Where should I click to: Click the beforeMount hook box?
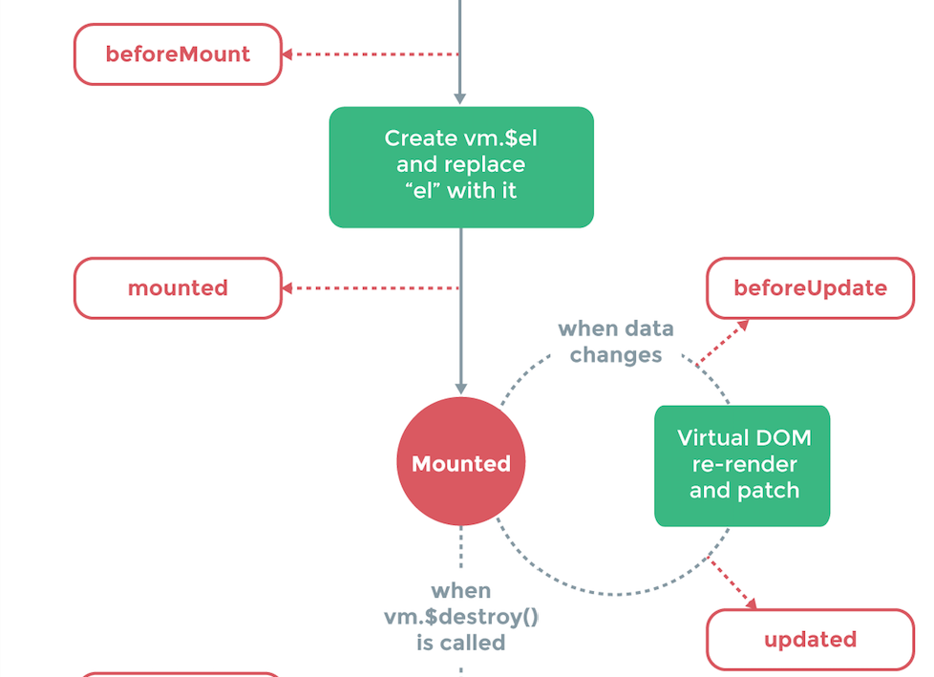click(178, 54)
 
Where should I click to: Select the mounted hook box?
click(178, 287)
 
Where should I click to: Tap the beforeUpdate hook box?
click(810, 287)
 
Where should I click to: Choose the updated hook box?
click(810, 639)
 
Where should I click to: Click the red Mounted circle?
click(461, 463)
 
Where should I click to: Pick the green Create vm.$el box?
click(461, 166)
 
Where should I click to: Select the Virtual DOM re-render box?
click(742, 465)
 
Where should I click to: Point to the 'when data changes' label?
click(616, 342)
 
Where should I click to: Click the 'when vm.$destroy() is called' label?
click(461, 617)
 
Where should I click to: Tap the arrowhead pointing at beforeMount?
click(287, 54)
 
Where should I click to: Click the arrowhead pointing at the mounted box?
click(287, 287)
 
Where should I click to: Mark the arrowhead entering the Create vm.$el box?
click(460, 98)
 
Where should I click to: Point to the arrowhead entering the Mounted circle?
click(460, 389)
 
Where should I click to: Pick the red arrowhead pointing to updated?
click(751, 603)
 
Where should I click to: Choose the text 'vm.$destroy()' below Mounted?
click(461, 617)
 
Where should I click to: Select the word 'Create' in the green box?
click(420, 138)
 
